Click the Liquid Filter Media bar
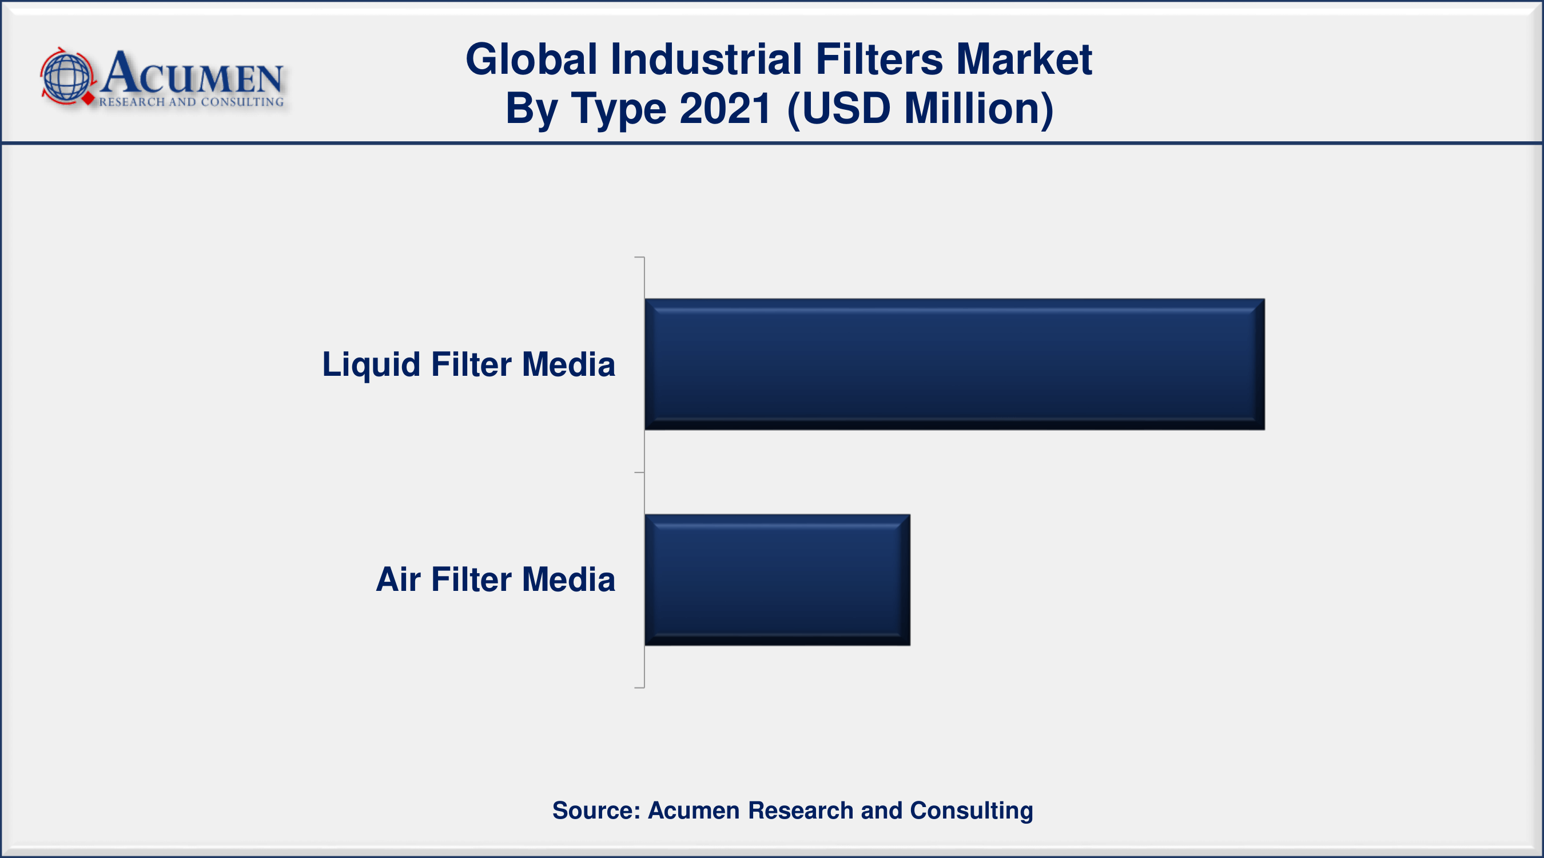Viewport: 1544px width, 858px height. [954, 364]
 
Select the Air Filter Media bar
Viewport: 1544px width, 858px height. [777, 580]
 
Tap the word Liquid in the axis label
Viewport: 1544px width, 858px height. [371, 365]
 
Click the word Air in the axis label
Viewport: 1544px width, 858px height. [398, 579]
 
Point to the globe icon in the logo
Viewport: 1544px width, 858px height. [67, 77]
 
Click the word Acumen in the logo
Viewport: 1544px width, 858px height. [192, 73]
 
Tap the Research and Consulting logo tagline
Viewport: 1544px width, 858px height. [191, 102]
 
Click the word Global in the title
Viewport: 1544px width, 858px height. [532, 59]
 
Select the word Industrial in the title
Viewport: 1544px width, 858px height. [706, 59]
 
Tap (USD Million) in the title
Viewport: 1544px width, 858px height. [920, 110]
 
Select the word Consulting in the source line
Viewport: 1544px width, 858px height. [972, 811]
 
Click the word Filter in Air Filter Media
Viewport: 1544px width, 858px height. [471, 579]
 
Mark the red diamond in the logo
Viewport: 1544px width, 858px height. [89, 99]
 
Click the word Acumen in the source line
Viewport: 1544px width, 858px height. [694, 811]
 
